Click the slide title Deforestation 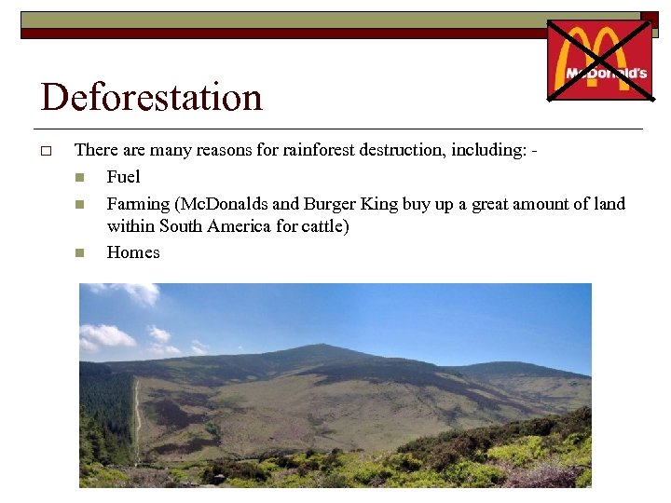point(151,97)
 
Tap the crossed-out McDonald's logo point(599,59)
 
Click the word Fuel point(123,177)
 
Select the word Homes point(133,252)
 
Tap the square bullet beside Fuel point(80,178)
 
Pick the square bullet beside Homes point(80,253)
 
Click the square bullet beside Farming point(80,204)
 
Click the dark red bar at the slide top point(280,33)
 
